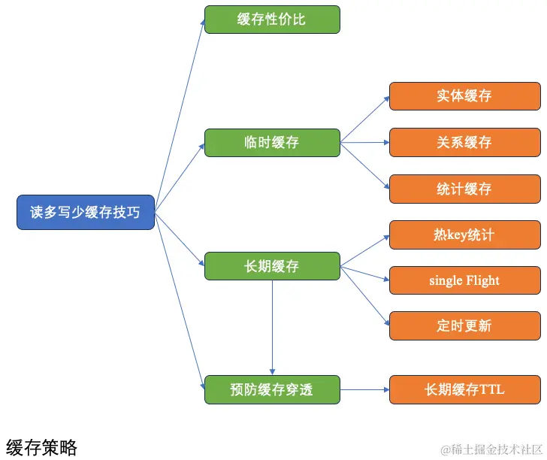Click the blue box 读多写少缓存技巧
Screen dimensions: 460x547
(86, 213)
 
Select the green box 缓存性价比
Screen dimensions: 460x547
(272, 20)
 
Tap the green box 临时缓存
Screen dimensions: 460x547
(272, 142)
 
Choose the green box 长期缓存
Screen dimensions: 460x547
(272, 266)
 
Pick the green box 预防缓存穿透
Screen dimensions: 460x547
(272, 389)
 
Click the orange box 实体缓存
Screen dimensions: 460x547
(464, 96)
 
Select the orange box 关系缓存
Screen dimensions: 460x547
(464, 142)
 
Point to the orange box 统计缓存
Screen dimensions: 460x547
(464, 189)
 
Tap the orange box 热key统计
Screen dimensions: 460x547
(464, 235)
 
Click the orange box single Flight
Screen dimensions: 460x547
(464, 280)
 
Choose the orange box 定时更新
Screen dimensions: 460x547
(464, 326)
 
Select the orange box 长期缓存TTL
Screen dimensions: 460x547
(464, 389)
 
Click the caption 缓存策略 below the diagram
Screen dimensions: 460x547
(42, 448)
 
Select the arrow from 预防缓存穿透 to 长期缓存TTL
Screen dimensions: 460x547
(364, 389)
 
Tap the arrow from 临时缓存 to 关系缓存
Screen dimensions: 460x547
(364, 142)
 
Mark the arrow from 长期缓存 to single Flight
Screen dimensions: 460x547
(364, 273)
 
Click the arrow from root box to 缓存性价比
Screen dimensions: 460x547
(180, 113)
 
